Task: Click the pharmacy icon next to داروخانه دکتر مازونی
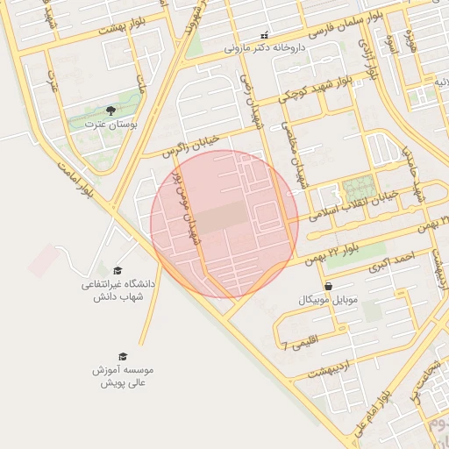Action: tap(264, 35)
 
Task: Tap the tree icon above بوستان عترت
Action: tap(110, 110)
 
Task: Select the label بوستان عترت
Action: tap(110, 125)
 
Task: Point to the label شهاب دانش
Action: tap(118, 297)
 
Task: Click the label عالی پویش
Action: tap(123, 383)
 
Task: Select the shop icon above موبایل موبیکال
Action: tap(328, 286)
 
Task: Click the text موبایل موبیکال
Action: tap(329, 300)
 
